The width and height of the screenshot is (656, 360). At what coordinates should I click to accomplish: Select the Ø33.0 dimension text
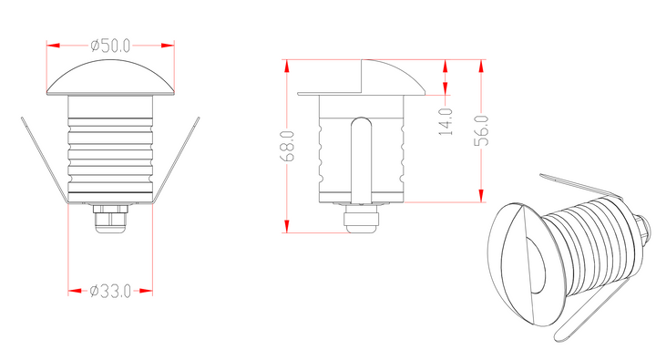[x=111, y=291]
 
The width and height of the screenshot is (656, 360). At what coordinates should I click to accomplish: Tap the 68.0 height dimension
[x=287, y=146]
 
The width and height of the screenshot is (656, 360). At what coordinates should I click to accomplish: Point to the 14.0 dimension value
[x=446, y=121]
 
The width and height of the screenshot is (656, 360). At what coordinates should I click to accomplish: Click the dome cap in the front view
[x=111, y=80]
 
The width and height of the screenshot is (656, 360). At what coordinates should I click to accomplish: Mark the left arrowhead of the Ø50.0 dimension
[x=53, y=44]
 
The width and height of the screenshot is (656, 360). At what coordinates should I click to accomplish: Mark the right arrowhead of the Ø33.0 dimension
[x=149, y=291]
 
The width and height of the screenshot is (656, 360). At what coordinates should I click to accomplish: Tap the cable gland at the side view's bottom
[x=362, y=220]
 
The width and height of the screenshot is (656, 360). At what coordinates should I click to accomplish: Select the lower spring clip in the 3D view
[x=592, y=310]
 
